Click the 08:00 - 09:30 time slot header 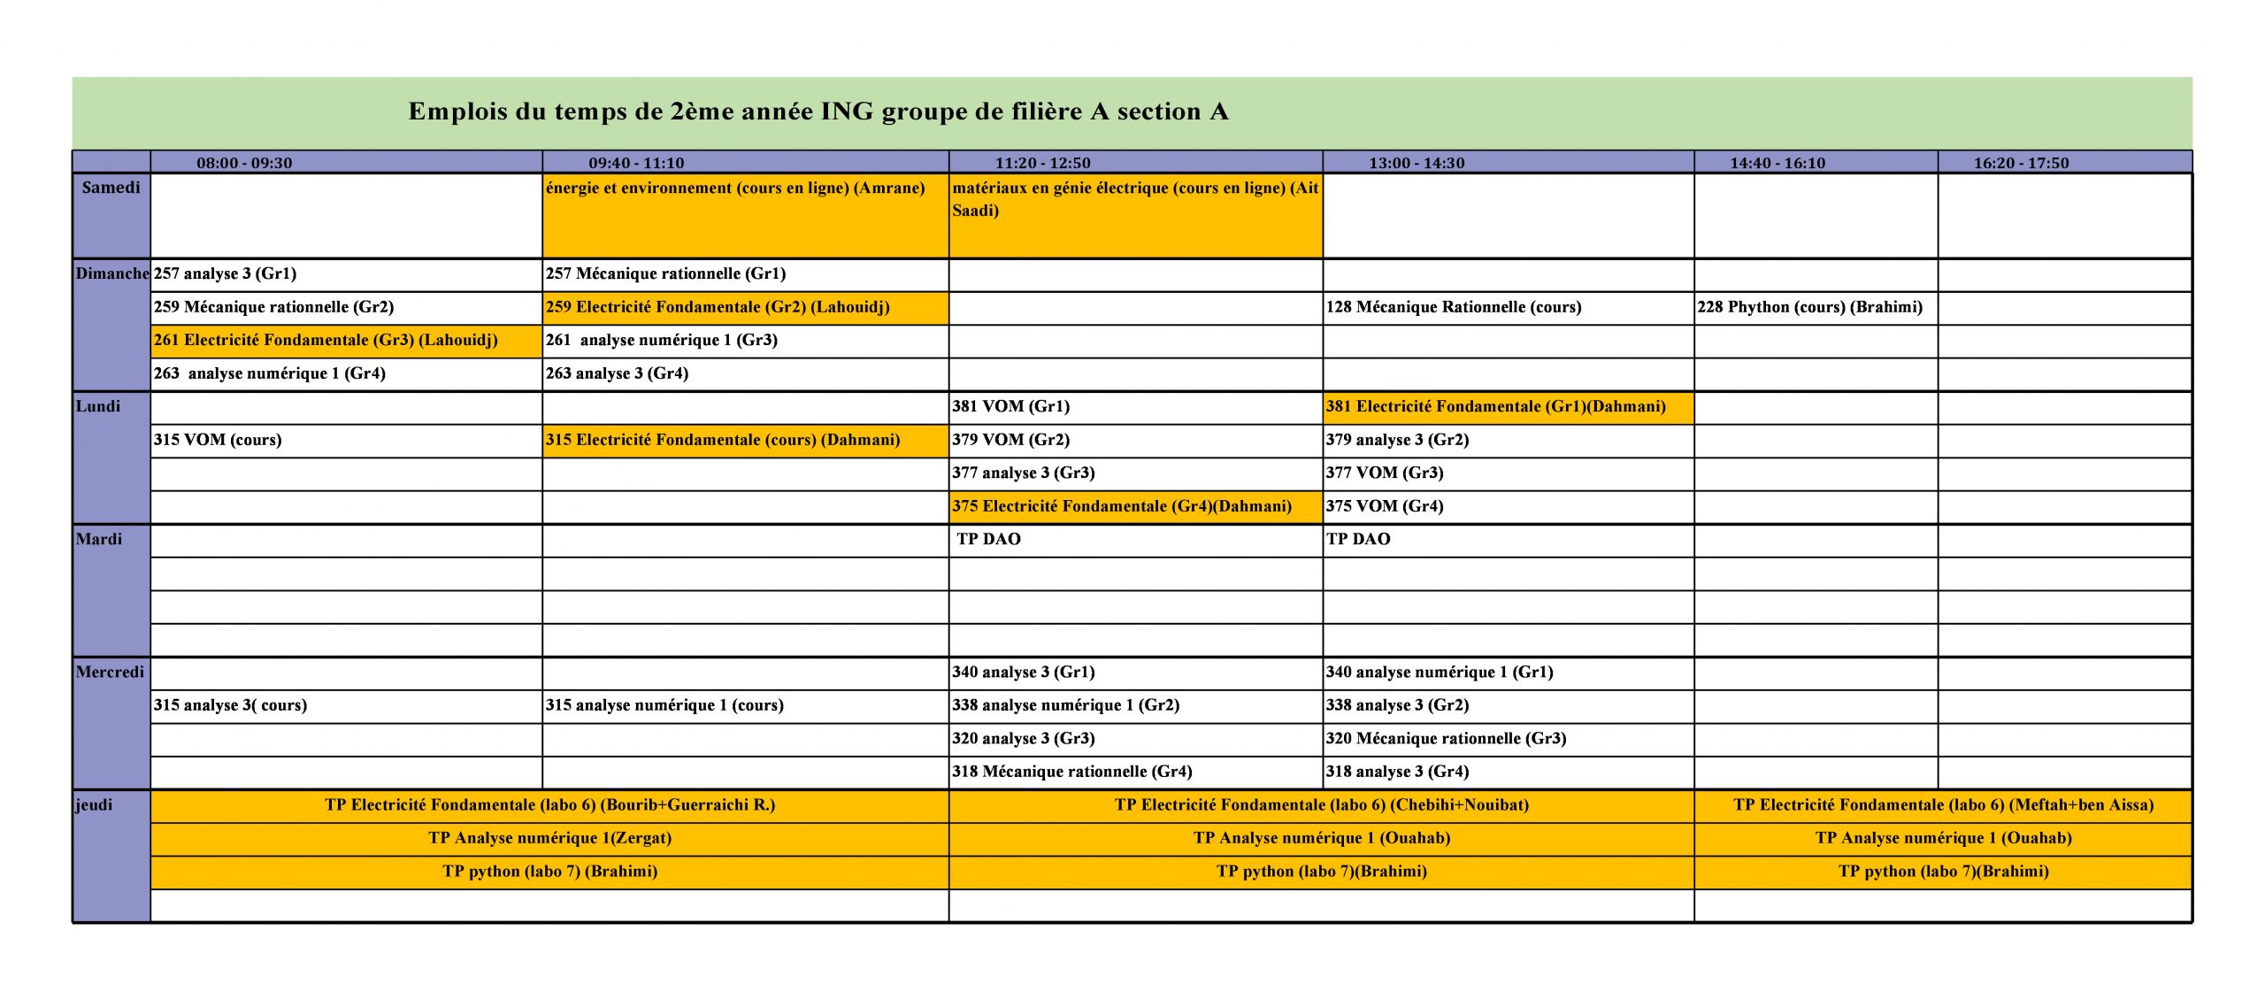pos(244,163)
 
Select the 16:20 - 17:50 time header pos(2021,163)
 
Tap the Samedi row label pos(111,188)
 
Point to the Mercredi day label pos(111,673)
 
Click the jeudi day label pos(95,805)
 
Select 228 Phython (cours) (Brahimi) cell pos(1809,308)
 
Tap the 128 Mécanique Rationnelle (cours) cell pos(1453,308)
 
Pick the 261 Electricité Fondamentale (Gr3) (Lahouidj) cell pos(326,341)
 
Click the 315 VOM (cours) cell pos(218,441)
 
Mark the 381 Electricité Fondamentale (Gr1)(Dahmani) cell pos(1495,407)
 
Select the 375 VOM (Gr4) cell pos(1384,507)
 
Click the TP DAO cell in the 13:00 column pos(1358,540)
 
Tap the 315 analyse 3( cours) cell pos(230,706)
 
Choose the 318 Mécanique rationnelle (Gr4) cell pos(1071,773)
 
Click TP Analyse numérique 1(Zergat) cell pos(549,839)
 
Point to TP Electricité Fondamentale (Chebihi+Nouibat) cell pos(1321,805)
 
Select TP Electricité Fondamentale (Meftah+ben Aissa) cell pos(1943,805)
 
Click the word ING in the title pos(847,112)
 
